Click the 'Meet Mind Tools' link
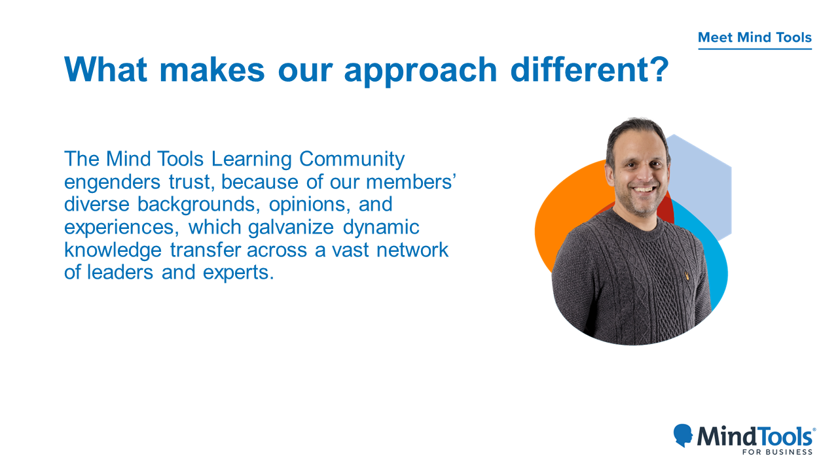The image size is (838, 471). [x=755, y=37]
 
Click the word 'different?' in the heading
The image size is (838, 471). [x=590, y=69]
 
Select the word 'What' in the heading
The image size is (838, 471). [x=105, y=69]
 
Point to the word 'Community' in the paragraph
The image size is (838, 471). [x=352, y=160]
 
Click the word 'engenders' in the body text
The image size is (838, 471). [x=112, y=183]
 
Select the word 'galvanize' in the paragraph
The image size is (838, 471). [x=291, y=228]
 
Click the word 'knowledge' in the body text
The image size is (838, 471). [x=113, y=251]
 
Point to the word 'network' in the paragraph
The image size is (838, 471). [x=412, y=250]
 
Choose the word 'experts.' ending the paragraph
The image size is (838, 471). [x=238, y=273]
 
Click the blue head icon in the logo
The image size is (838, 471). [x=683, y=435]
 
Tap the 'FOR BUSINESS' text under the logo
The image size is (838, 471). [x=777, y=452]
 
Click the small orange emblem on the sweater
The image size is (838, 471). [x=687, y=276]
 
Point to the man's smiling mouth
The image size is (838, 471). [x=644, y=190]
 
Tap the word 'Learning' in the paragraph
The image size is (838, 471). [x=251, y=160]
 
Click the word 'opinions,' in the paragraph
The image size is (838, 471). [x=310, y=205]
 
